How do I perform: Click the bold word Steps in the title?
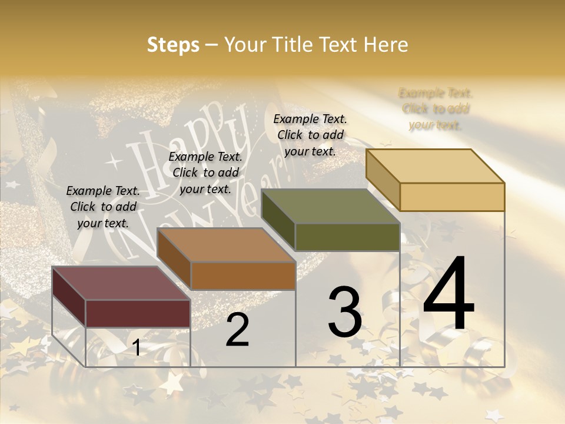[173, 45]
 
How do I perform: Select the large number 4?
[448, 294]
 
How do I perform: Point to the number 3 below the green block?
[345, 312]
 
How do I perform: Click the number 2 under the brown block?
[238, 330]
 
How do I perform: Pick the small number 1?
[137, 348]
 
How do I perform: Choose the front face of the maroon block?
[138, 313]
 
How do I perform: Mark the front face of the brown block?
[243, 276]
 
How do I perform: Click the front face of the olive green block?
[347, 237]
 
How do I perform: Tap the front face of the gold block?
[452, 197]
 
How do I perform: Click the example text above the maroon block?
[103, 207]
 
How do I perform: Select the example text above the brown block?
[205, 173]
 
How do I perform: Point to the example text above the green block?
[310, 135]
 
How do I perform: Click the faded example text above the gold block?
[436, 109]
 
